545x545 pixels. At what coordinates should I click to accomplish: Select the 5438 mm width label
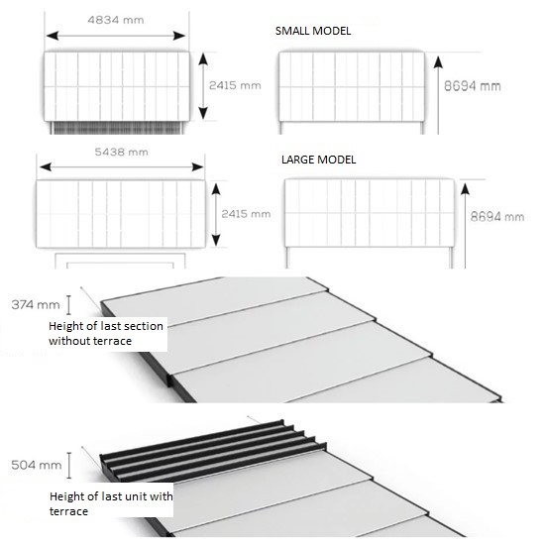[x=120, y=152]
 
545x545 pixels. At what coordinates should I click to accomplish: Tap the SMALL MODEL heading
[x=313, y=31]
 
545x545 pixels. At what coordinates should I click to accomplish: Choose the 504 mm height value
[x=27, y=464]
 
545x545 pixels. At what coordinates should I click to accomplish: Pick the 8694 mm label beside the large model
[x=496, y=215]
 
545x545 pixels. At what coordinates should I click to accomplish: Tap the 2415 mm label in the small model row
[x=235, y=86]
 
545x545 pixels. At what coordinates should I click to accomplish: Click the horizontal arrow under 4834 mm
[x=115, y=36]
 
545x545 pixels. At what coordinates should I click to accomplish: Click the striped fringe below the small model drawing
[x=115, y=128]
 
